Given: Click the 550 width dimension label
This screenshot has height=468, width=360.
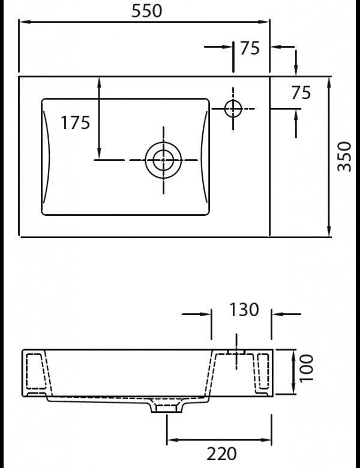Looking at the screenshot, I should tap(144, 11).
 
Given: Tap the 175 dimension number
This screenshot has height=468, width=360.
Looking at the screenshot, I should tap(76, 122).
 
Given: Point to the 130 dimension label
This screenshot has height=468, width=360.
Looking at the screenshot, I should tap(243, 310).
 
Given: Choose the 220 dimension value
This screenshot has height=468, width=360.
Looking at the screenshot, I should tap(221, 454).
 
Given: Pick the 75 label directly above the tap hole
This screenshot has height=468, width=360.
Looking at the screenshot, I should tap(250, 49).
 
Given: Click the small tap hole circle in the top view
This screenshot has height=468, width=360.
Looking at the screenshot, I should tap(233, 108).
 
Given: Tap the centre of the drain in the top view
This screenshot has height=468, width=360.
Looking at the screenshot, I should tap(163, 160).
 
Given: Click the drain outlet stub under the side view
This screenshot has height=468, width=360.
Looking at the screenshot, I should tap(166, 407).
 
